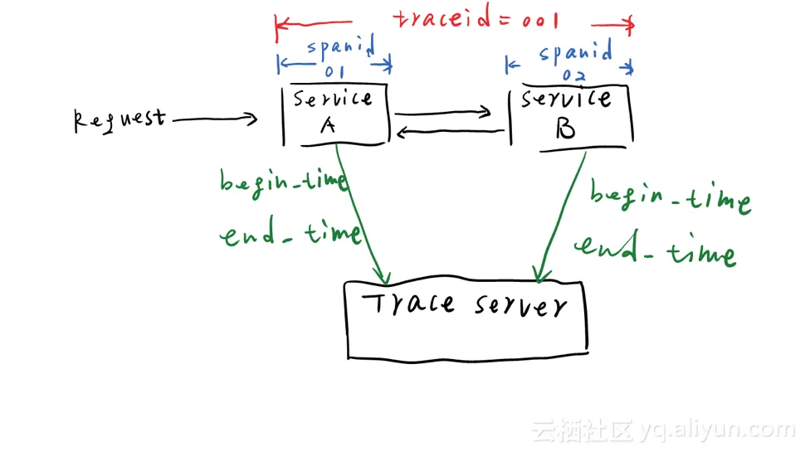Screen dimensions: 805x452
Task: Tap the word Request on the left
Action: tap(119, 119)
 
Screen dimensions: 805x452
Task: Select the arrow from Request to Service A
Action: tap(214, 119)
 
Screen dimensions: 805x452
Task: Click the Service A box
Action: tap(336, 114)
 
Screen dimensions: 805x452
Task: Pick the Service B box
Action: tap(570, 117)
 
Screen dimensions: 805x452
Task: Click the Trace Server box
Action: tap(466, 318)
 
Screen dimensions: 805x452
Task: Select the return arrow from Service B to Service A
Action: tap(449, 131)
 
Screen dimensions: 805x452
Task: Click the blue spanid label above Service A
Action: tap(340, 48)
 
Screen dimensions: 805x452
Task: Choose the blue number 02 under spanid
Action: tap(573, 75)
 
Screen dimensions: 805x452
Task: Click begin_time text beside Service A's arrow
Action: tap(282, 182)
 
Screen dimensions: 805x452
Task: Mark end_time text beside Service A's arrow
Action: tap(290, 235)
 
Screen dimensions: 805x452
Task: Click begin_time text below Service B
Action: tap(670, 199)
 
